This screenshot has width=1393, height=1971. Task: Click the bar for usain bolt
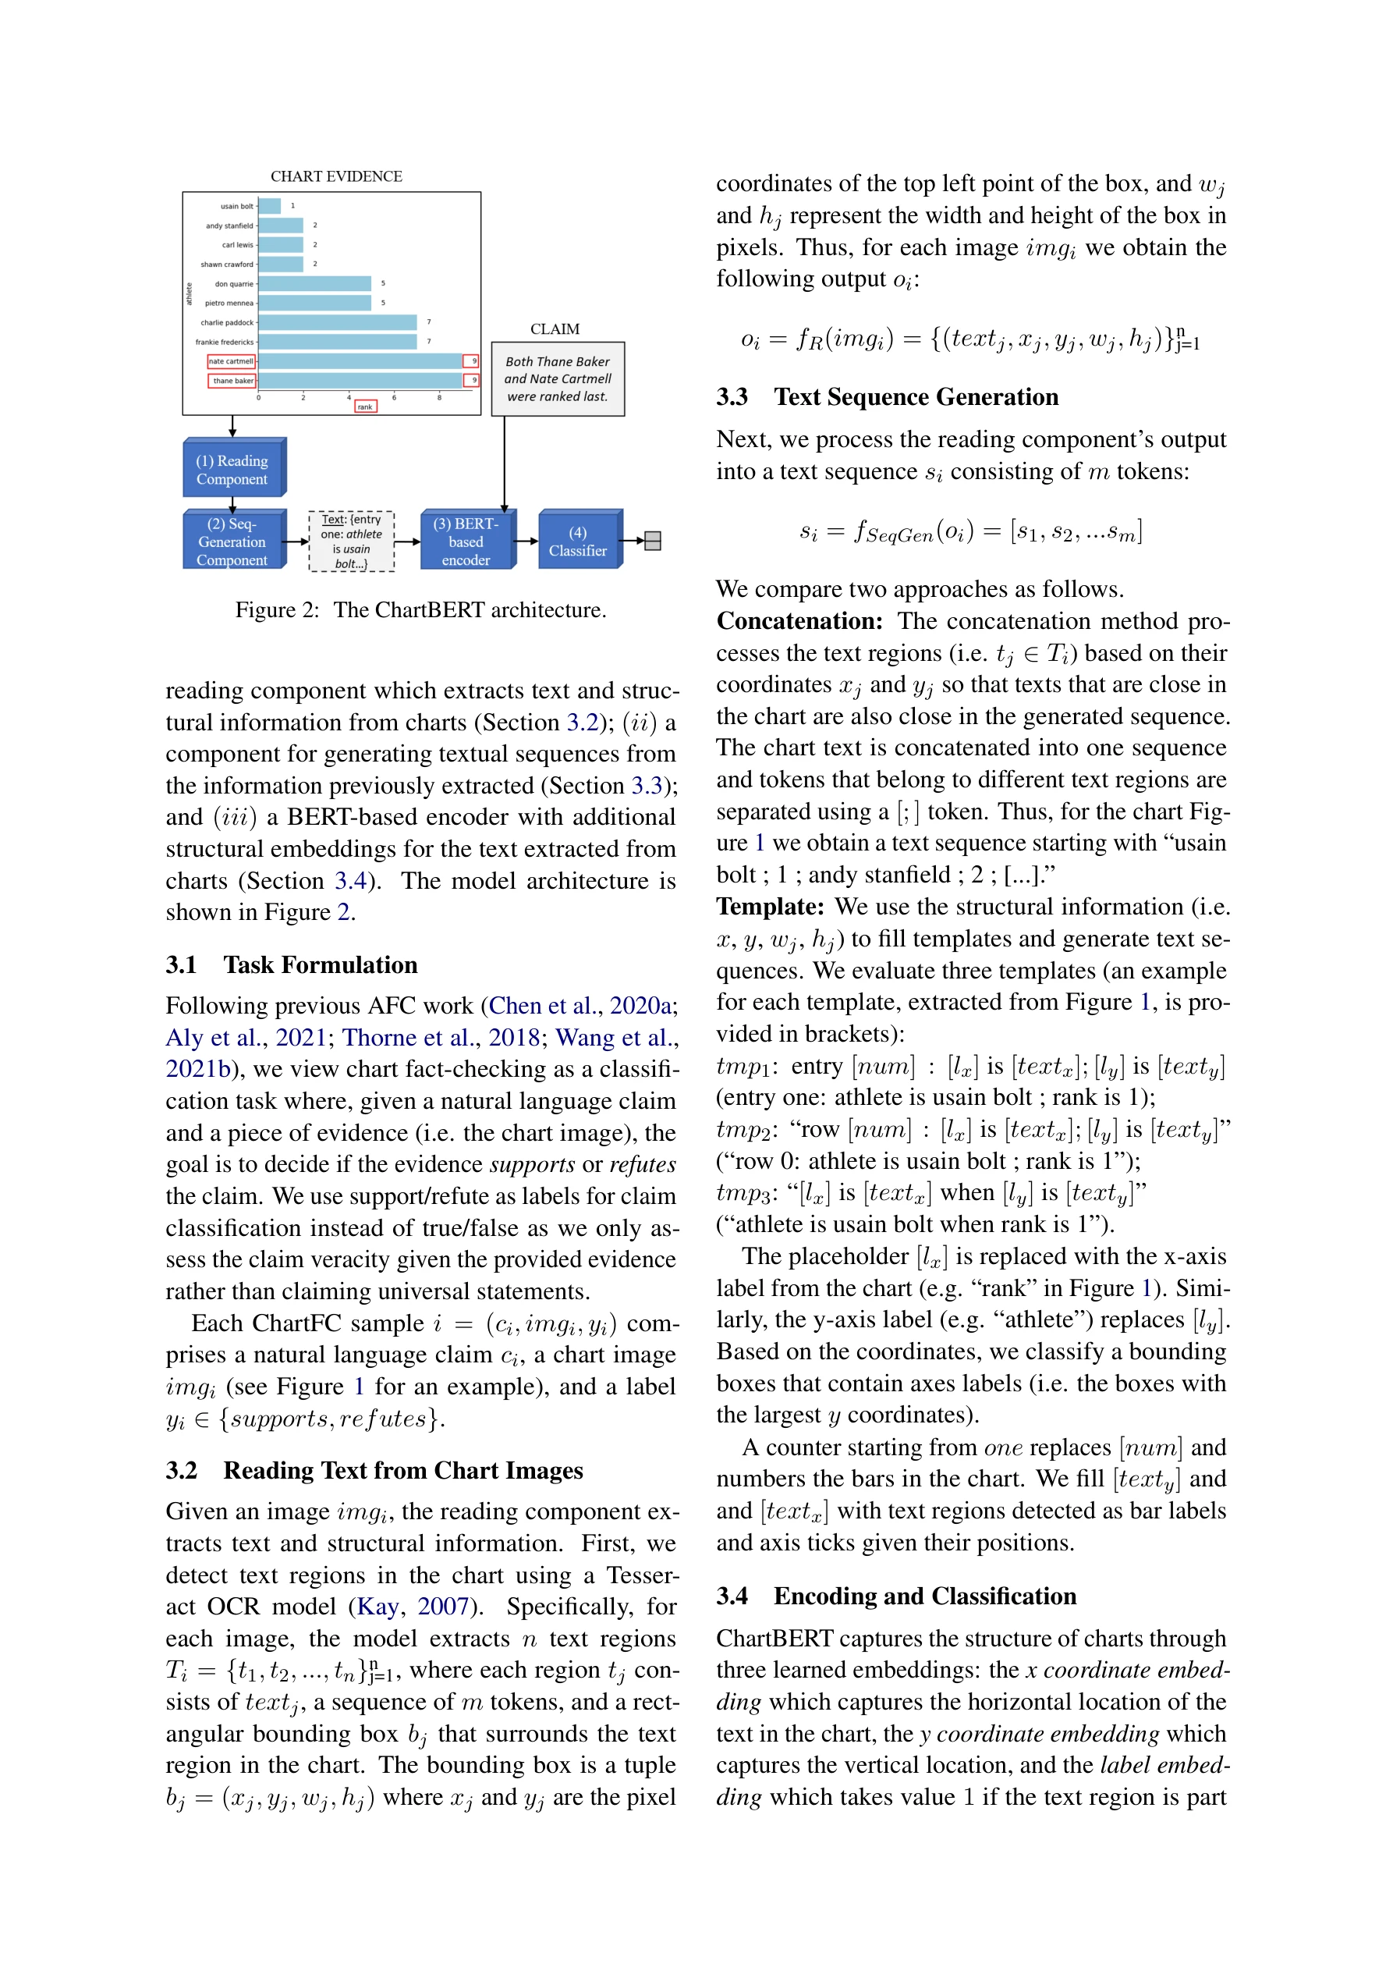coord(270,206)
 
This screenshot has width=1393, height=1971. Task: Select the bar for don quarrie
coord(314,283)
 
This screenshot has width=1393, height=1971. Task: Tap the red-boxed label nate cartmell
coord(232,361)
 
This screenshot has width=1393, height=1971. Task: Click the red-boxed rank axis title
coord(366,407)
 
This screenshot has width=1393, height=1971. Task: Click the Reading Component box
coord(232,469)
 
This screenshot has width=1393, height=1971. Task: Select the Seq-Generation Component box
coord(232,541)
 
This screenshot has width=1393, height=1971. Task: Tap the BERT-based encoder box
coord(466,541)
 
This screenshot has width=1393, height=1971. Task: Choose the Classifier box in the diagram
coord(578,541)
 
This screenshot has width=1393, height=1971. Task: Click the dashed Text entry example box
coord(351,541)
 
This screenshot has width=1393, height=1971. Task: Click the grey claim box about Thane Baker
coord(558,379)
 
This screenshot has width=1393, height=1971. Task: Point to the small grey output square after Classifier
coord(652,541)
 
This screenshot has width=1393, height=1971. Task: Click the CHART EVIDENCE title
coord(336,176)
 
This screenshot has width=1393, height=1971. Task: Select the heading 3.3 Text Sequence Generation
coord(887,397)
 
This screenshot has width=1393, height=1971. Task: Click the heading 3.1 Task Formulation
coord(292,965)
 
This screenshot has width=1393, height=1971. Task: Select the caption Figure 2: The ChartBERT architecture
coord(420,609)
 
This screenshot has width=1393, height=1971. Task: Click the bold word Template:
coord(770,907)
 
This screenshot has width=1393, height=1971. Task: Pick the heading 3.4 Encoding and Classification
coord(896,1596)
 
